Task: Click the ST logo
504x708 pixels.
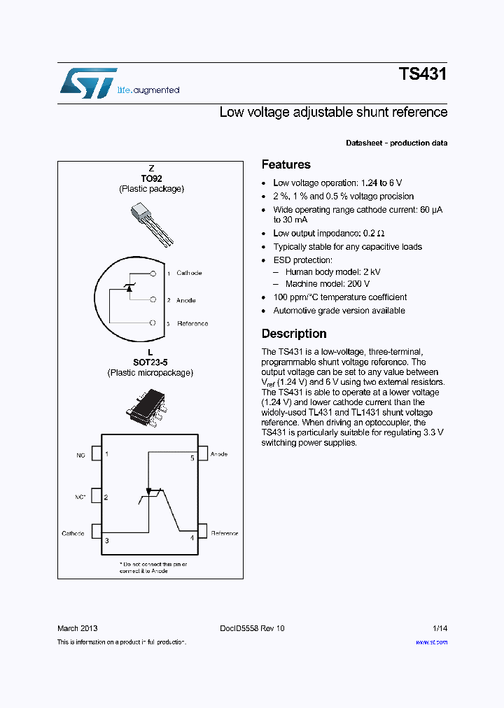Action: point(87,83)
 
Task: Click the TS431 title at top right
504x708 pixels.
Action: point(422,75)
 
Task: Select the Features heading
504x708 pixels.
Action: point(286,165)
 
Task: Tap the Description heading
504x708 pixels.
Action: point(294,334)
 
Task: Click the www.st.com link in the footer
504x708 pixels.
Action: point(431,642)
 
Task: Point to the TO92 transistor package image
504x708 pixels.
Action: point(150,224)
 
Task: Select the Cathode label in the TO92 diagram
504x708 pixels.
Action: point(189,273)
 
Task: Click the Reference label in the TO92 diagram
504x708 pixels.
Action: point(192,323)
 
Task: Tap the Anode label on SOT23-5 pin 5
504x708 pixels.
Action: point(219,454)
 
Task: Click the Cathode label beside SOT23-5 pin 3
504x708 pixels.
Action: point(73,534)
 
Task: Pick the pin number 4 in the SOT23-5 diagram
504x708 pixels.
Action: point(192,538)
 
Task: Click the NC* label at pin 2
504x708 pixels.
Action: point(80,497)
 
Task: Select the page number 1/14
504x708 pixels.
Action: point(439,628)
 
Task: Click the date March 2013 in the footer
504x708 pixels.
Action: point(77,628)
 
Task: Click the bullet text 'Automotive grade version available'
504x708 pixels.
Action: point(339,311)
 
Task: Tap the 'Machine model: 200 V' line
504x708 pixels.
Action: point(327,284)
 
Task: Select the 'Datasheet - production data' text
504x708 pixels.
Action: point(396,143)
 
